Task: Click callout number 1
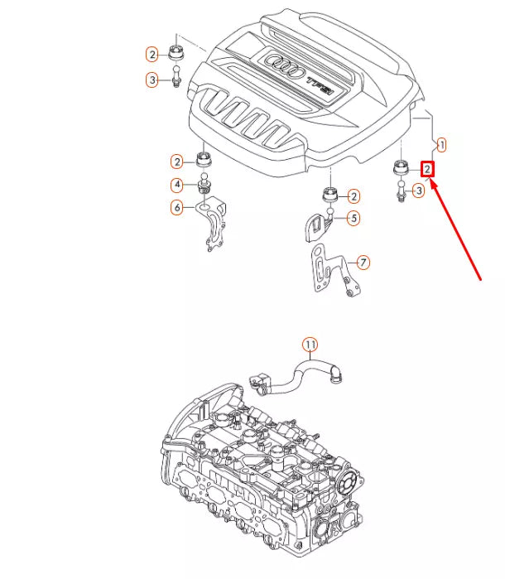[x=441, y=145]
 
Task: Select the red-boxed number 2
[x=427, y=169]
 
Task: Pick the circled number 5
[x=353, y=219]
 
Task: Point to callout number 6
[x=176, y=207]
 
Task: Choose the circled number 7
[x=363, y=263]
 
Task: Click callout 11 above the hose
[x=309, y=344]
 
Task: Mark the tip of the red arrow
[x=430, y=184]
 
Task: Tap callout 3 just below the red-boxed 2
[x=419, y=191]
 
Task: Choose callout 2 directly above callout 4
[x=176, y=161]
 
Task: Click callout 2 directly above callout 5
[x=353, y=196]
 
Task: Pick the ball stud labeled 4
[x=204, y=186]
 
